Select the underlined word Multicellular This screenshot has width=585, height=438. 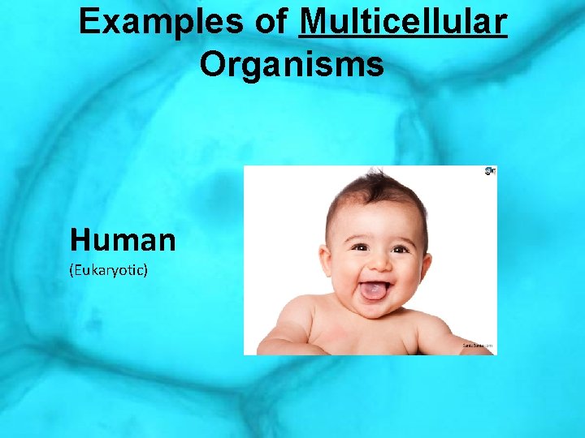click(x=403, y=23)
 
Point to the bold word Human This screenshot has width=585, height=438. click(x=123, y=240)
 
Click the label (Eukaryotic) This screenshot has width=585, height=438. click(x=109, y=269)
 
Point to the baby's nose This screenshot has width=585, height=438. click(x=376, y=264)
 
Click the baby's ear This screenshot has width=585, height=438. click(x=423, y=243)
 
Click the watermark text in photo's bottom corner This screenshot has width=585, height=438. click(x=477, y=346)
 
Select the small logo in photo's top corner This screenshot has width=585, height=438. click(x=489, y=171)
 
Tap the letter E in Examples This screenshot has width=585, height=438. click(x=88, y=23)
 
